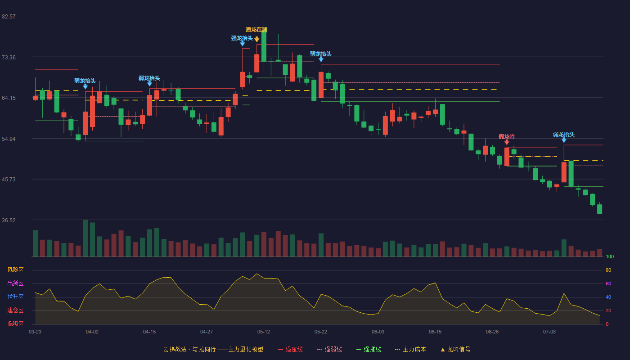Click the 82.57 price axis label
[x=9, y=17]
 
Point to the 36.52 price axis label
[x=9, y=220]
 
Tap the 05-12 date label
[x=264, y=332]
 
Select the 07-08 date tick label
[x=549, y=332]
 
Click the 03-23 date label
[x=35, y=332]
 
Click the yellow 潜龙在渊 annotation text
[x=256, y=30]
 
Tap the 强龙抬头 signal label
[x=242, y=38]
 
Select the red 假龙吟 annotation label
[x=507, y=137]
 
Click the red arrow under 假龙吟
[x=507, y=142]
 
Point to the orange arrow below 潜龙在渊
[x=257, y=40]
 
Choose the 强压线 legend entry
[x=290, y=349]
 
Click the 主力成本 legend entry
[x=410, y=349]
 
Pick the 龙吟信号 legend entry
[x=455, y=349]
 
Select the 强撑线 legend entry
[x=369, y=349]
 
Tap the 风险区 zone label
[x=15, y=270]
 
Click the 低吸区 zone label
[x=15, y=324]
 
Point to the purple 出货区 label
[x=15, y=283]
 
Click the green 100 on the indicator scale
[x=610, y=256]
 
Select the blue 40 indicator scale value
[x=608, y=297]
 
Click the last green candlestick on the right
[x=599, y=209]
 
